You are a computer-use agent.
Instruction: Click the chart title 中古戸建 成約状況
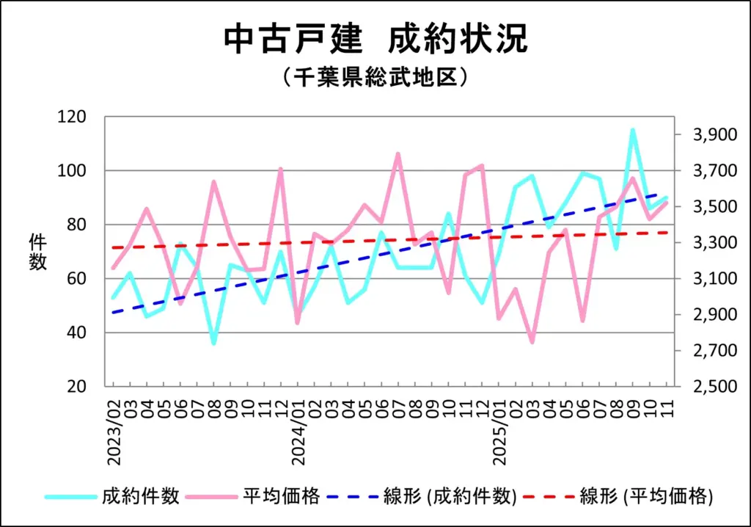pos(375,39)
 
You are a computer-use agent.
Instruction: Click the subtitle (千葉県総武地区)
pos(375,77)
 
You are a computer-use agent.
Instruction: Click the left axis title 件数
pos(37,252)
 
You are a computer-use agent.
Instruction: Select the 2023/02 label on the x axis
pos(114,426)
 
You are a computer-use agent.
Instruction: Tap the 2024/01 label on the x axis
pos(298,426)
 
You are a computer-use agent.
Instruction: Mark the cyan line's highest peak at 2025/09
pos(632,131)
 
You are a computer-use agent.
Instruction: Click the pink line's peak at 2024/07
pos(398,154)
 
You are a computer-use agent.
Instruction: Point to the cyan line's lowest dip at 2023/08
pos(213,344)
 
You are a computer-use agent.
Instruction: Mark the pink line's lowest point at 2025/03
pos(532,342)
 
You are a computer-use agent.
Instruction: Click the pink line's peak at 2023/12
pos(281,169)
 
